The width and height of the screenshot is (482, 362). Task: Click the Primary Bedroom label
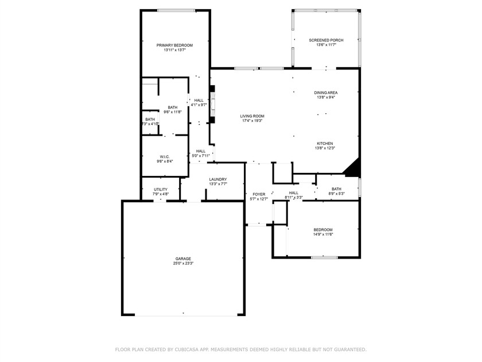pos(175,45)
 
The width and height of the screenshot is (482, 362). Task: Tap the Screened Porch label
pos(326,40)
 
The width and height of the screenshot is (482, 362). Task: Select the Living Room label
pos(252,116)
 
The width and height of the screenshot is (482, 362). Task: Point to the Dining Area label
pos(325,93)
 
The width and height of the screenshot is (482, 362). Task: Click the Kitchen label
pos(325,143)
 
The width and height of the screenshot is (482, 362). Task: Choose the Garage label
pos(183,259)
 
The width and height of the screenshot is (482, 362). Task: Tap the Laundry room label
pos(218,179)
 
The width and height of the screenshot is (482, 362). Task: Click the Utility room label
pos(160,189)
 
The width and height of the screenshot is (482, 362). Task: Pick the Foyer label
pos(259,194)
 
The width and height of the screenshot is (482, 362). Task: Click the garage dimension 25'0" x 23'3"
pos(183,264)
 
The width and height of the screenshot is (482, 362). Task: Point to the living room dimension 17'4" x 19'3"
pos(252,121)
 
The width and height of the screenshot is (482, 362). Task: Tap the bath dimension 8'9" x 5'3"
pos(336,194)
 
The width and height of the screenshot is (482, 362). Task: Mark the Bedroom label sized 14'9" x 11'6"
pos(323,229)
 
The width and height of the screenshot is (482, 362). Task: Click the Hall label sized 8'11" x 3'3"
pos(294,193)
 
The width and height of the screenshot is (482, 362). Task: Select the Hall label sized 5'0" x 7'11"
pos(201,151)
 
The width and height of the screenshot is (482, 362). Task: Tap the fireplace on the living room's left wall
pos(212,105)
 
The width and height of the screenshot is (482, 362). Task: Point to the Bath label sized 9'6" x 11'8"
pos(173,107)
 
